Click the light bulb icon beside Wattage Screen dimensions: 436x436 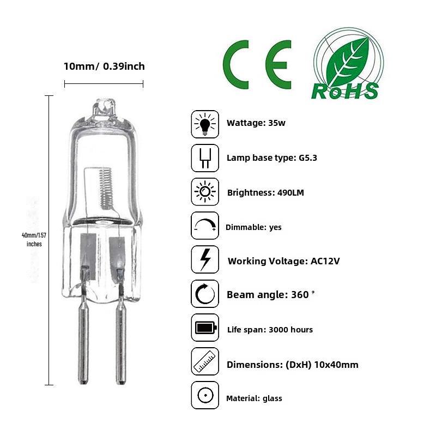point(205,124)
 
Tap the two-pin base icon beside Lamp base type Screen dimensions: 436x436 point(205,158)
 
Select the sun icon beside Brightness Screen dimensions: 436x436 point(205,192)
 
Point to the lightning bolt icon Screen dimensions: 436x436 point(205,259)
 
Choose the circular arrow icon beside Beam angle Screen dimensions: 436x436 point(205,294)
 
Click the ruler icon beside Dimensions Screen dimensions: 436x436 point(205,361)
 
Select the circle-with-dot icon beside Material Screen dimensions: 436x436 point(205,395)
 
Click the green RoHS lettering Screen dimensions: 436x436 point(345,91)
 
